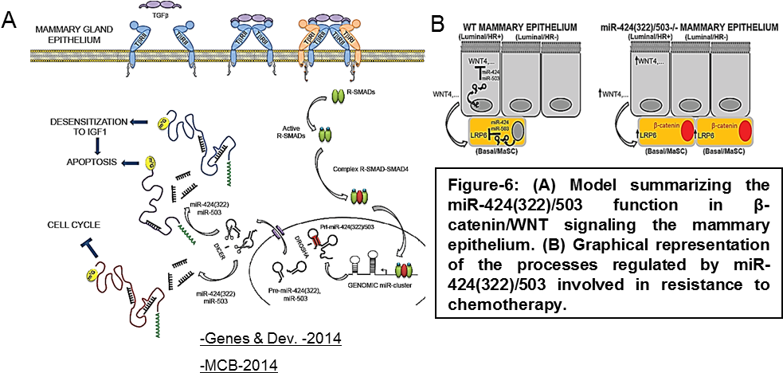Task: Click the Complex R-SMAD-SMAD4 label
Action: click(x=350, y=170)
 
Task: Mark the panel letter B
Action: click(x=437, y=24)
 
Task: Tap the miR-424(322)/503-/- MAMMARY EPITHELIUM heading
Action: click(x=691, y=27)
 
